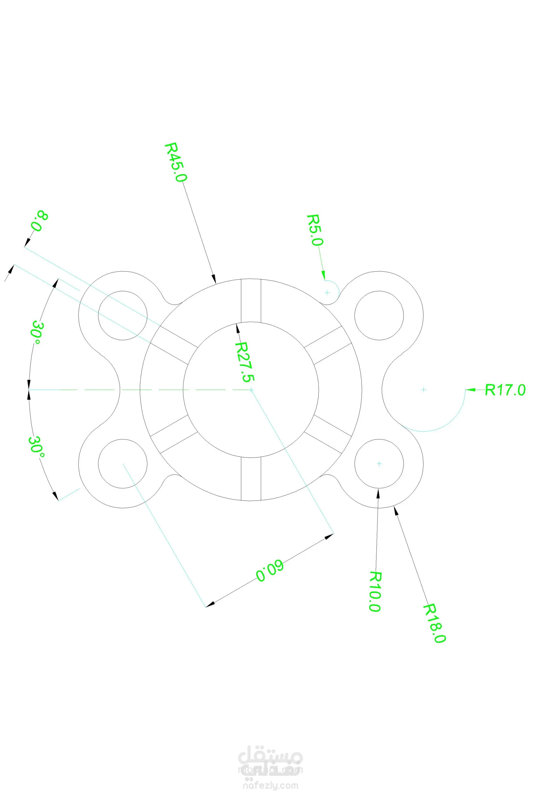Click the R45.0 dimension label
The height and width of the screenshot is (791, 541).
point(176,162)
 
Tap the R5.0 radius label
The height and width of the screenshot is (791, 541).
point(315,230)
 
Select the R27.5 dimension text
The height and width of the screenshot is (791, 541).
point(245,362)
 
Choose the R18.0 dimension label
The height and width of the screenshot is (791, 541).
point(434,623)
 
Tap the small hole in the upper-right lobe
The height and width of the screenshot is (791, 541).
point(379,315)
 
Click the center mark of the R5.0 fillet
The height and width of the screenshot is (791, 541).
point(327,293)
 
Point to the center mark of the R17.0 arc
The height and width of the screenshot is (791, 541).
point(423,389)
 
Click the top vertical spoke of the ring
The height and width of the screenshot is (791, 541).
point(251,300)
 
